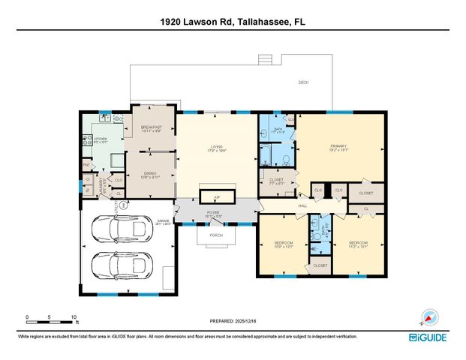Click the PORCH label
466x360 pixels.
[218, 234]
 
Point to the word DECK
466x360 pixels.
[303, 82]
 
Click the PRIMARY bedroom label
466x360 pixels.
[342, 147]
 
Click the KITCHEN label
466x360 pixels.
[100, 139]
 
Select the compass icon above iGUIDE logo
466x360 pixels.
[429, 317]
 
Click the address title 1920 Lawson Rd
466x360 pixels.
[233, 22]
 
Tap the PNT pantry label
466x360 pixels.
[86, 164]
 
